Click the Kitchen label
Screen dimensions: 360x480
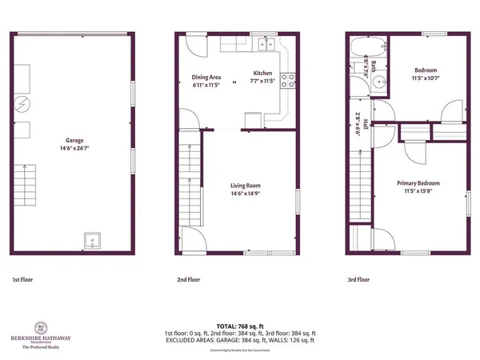coord(263,72)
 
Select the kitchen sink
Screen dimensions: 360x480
coord(270,45)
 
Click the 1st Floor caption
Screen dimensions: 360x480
coord(22,281)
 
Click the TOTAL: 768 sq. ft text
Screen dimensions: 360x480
coord(239,326)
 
